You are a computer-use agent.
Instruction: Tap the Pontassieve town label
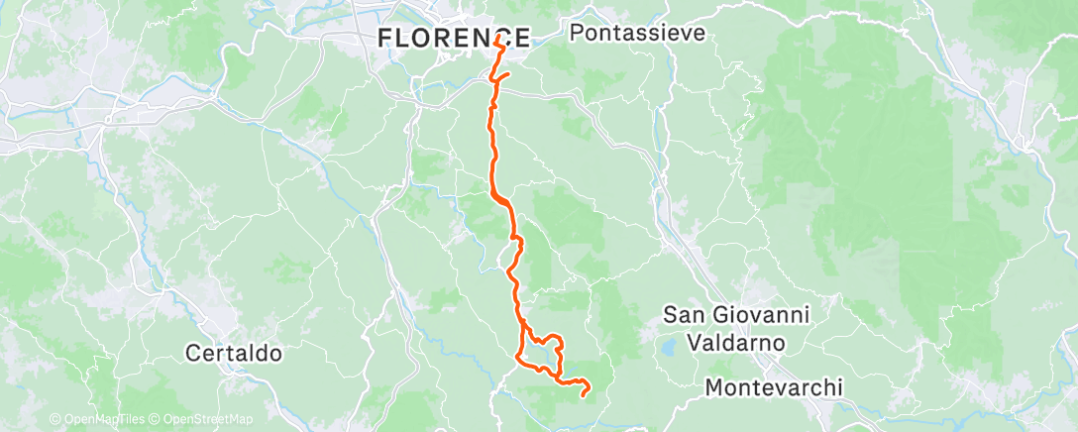click(x=638, y=33)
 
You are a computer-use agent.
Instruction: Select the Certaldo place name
click(x=234, y=353)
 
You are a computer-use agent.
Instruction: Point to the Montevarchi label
click(x=774, y=387)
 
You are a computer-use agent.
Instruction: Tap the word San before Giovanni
click(x=683, y=315)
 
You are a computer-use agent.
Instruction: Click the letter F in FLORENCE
click(x=385, y=39)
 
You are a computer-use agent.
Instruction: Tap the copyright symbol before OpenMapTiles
click(x=54, y=419)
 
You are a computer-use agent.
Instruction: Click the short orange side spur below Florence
click(x=502, y=76)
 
